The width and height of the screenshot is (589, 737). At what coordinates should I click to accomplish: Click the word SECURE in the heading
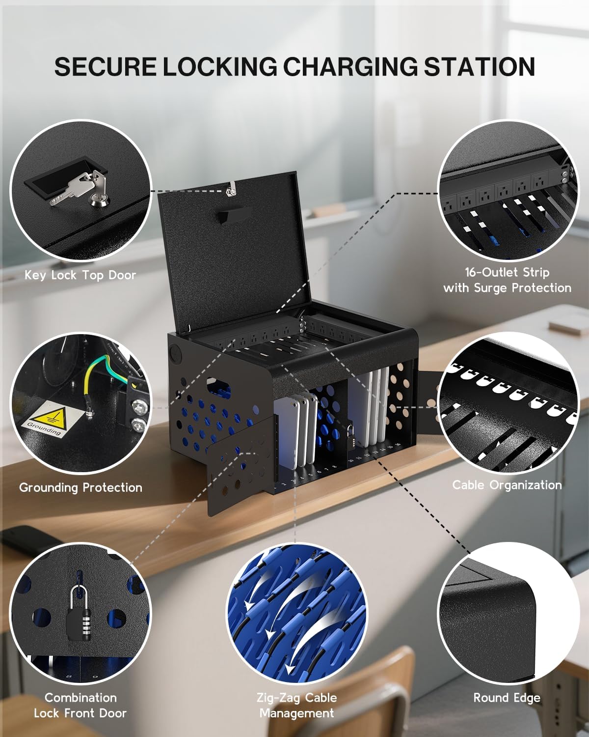tap(105, 67)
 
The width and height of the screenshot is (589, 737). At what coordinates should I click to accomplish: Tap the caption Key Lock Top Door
tap(80, 275)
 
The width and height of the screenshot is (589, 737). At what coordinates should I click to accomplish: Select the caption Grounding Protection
tap(80, 487)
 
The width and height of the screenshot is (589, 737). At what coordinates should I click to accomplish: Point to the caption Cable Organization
tap(507, 485)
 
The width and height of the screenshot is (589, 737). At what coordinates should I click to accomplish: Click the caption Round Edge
tap(507, 698)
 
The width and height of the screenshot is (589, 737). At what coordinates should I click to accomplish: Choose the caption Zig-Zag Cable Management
tap(296, 705)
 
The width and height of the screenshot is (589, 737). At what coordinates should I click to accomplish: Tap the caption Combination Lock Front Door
tap(80, 705)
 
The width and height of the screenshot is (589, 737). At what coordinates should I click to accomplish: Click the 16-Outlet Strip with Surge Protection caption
tap(507, 280)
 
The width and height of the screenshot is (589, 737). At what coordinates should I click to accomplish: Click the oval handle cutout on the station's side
tap(218, 385)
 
